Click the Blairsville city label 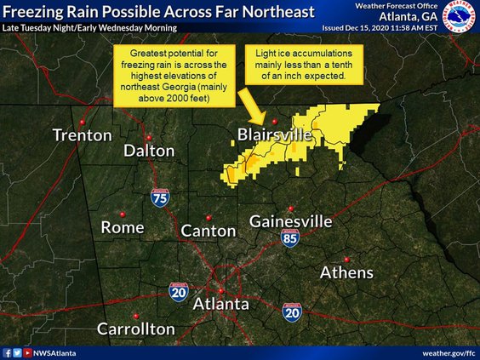[275, 135]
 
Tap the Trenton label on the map [82, 135]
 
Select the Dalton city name [149, 151]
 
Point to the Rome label [123, 227]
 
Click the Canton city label [209, 231]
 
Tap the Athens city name [346, 272]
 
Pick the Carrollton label [136, 329]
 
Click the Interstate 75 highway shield [160, 197]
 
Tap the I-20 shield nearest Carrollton [179, 293]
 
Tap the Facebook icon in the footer [7, 352]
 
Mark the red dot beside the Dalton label [149, 136]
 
